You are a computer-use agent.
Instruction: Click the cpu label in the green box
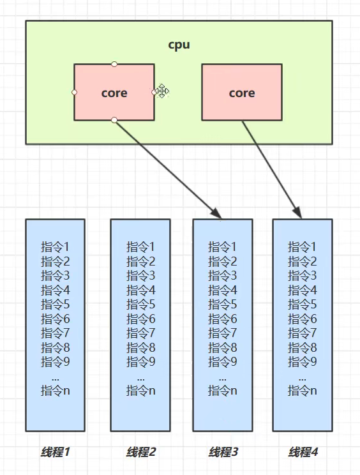(x=179, y=45)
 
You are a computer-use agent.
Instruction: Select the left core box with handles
(x=114, y=93)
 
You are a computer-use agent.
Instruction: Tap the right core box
(x=242, y=93)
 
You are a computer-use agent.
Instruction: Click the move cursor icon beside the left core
(x=162, y=91)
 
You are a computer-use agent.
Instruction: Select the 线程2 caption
(x=140, y=452)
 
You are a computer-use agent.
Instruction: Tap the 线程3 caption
(x=223, y=452)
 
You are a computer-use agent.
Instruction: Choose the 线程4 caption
(x=303, y=452)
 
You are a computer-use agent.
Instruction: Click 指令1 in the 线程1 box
(x=55, y=246)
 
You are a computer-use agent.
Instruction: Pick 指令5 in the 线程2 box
(x=140, y=304)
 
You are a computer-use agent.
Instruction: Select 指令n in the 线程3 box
(x=223, y=390)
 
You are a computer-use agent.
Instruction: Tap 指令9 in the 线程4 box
(x=303, y=361)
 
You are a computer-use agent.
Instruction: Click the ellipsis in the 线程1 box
(x=55, y=377)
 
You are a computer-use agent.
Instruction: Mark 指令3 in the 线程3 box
(x=223, y=275)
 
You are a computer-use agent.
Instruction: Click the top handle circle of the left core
(x=114, y=64)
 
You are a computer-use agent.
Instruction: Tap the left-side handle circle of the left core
(x=74, y=92)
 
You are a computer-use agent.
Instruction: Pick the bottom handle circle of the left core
(x=114, y=120)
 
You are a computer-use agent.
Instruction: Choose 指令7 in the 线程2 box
(x=140, y=333)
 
